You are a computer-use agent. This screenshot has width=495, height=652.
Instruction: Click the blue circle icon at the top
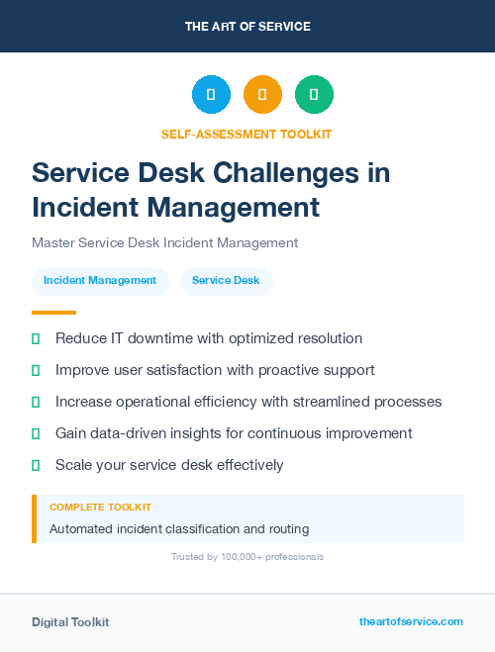coord(211,94)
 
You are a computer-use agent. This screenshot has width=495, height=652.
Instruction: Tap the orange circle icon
coord(262,94)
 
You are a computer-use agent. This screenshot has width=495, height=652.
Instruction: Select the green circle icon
coord(314,94)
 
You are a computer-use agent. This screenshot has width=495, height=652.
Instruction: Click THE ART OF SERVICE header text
coord(247,27)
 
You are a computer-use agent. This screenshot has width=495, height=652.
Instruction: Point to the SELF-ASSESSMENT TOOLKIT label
coord(247,134)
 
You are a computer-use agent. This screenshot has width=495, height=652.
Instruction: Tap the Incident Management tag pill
coord(100,281)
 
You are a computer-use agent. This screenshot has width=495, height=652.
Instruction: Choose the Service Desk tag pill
coord(226,281)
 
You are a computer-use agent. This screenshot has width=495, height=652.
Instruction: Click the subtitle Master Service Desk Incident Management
coord(164,242)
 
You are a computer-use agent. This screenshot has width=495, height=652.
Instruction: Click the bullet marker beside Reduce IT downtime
coord(36,338)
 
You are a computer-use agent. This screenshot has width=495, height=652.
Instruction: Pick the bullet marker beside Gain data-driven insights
coord(36,433)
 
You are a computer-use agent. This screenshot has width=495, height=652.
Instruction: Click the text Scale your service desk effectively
coord(169,465)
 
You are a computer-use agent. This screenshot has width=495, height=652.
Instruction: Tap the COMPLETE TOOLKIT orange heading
coord(100,508)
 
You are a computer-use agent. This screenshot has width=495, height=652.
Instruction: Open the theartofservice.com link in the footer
coord(411,621)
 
